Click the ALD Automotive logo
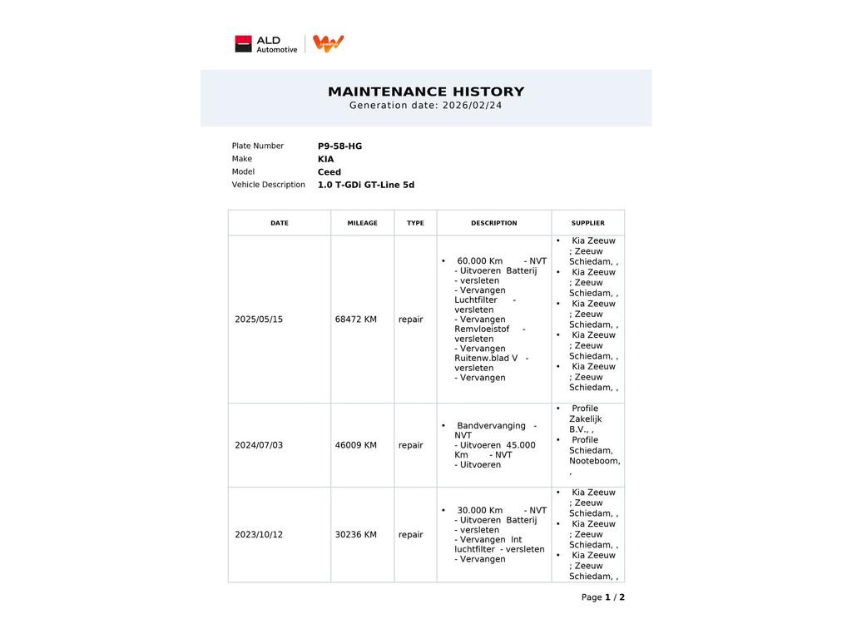(x=265, y=44)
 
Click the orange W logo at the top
(x=329, y=43)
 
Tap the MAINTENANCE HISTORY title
(x=426, y=92)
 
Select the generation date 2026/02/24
(x=472, y=106)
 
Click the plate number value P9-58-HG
(x=339, y=146)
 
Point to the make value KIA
(x=325, y=159)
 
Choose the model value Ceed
(x=329, y=172)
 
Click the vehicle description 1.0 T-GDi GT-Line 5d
(x=365, y=185)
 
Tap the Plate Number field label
(x=257, y=146)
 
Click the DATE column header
(x=280, y=223)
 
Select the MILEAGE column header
(x=362, y=223)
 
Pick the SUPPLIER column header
(x=587, y=223)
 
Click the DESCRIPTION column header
(x=493, y=223)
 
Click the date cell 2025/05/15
(x=259, y=319)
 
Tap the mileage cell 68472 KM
(x=355, y=319)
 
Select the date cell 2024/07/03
(x=259, y=445)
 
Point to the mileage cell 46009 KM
(x=355, y=445)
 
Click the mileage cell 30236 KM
(x=355, y=535)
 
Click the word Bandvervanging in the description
(x=491, y=426)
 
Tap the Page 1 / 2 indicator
(x=602, y=597)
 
